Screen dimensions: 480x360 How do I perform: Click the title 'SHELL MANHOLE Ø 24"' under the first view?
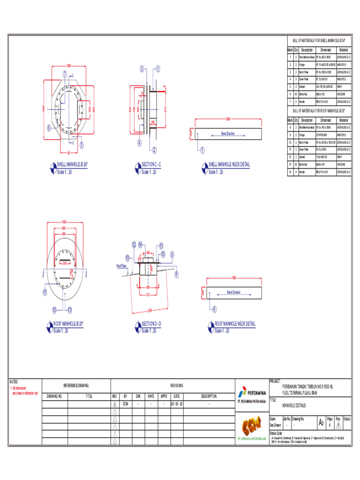pyautogui.click(x=72, y=165)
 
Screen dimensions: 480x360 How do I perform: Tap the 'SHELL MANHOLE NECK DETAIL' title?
pyautogui.click(x=229, y=165)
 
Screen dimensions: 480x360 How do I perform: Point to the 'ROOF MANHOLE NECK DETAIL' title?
pyautogui.click(x=235, y=323)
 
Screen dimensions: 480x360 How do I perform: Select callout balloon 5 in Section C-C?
pyautogui.click(x=142, y=69)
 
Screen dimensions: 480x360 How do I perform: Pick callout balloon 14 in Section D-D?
pyautogui.click(x=140, y=245)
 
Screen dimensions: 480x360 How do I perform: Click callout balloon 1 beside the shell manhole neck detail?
pyautogui.click(x=202, y=150)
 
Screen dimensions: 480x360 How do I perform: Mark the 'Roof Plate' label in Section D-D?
pyautogui.click(x=121, y=265)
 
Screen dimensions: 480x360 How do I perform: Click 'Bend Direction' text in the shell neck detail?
pyautogui.click(x=228, y=134)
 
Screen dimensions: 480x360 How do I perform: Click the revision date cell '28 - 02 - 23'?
pyautogui.click(x=176, y=403)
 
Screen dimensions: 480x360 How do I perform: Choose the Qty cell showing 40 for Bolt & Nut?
pyautogui.click(x=296, y=94)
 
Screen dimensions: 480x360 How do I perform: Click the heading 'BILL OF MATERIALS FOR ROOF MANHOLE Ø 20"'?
pyautogui.click(x=319, y=111)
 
